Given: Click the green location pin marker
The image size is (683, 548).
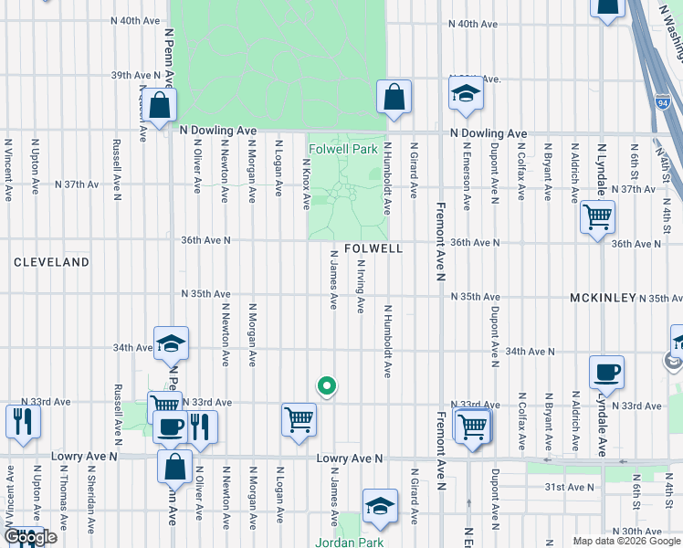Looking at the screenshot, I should [x=326, y=386].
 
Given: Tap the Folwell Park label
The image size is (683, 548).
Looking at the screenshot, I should [x=342, y=149].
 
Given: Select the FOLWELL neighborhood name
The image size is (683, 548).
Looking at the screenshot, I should [x=373, y=248].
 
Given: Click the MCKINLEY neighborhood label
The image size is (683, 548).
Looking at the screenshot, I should [x=601, y=299].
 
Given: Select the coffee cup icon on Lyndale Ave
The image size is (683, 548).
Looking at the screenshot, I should [x=606, y=373].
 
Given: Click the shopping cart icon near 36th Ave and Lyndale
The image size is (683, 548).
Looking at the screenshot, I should [x=597, y=217].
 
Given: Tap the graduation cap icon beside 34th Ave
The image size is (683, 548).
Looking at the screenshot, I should [x=171, y=343].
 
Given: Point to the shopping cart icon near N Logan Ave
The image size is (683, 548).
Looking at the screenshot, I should [x=299, y=420].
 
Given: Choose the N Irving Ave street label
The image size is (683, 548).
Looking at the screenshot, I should [x=361, y=285].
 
